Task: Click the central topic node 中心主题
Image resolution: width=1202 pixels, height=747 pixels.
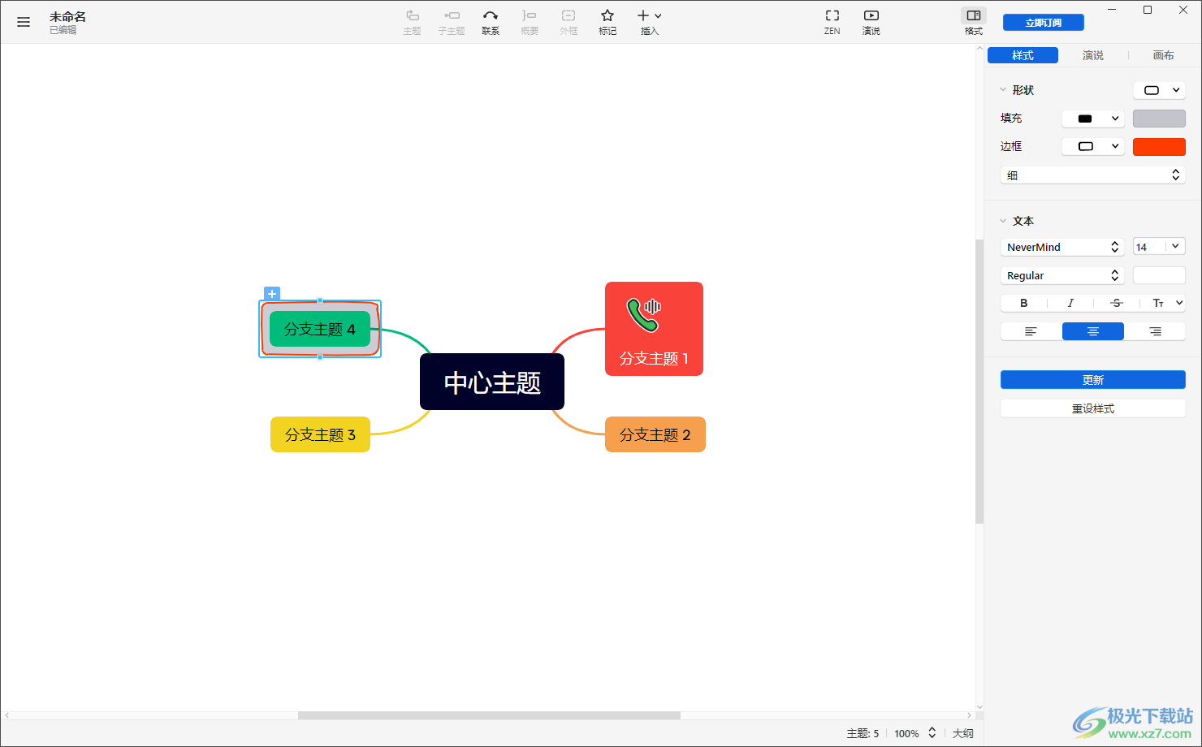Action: click(x=491, y=382)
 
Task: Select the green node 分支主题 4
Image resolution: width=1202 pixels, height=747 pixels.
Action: click(x=319, y=329)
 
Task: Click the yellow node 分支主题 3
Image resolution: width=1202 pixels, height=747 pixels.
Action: click(x=320, y=434)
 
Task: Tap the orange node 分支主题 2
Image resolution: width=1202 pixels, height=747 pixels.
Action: click(x=655, y=434)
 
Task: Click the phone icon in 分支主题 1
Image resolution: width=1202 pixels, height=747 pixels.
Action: click(x=643, y=314)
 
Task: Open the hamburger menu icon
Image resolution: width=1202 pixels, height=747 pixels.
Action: click(x=24, y=22)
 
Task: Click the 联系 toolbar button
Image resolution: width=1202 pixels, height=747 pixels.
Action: click(x=491, y=22)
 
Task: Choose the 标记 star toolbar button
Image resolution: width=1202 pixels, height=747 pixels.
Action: click(x=607, y=22)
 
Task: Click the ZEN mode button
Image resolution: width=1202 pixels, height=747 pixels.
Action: click(x=832, y=22)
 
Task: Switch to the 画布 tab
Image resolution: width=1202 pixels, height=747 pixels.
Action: click(x=1163, y=55)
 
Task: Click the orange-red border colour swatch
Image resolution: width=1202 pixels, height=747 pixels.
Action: click(x=1159, y=147)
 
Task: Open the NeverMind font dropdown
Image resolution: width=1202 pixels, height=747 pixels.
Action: click(x=1061, y=247)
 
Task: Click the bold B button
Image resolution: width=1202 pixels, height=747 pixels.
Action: click(x=1024, y=303)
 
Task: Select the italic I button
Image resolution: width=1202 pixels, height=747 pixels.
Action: click(x=1070, y=303)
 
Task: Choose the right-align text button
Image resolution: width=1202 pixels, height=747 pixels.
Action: click(x=1155, y=331)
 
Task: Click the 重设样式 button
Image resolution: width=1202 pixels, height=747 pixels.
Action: click(x=1092, y=408)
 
